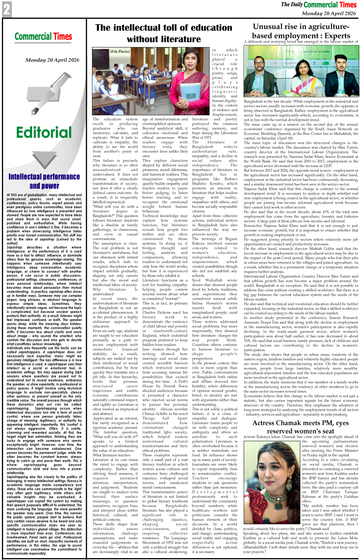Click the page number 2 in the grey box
[x=7, y=9]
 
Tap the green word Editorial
[x=44, y=132]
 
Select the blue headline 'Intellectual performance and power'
[x=44, y=181]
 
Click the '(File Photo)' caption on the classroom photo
[x=120, y=51]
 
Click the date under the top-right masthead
[x=329, y=13]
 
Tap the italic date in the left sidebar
[x=52, y=60]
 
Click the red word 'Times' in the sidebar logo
[x=63, y=37]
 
